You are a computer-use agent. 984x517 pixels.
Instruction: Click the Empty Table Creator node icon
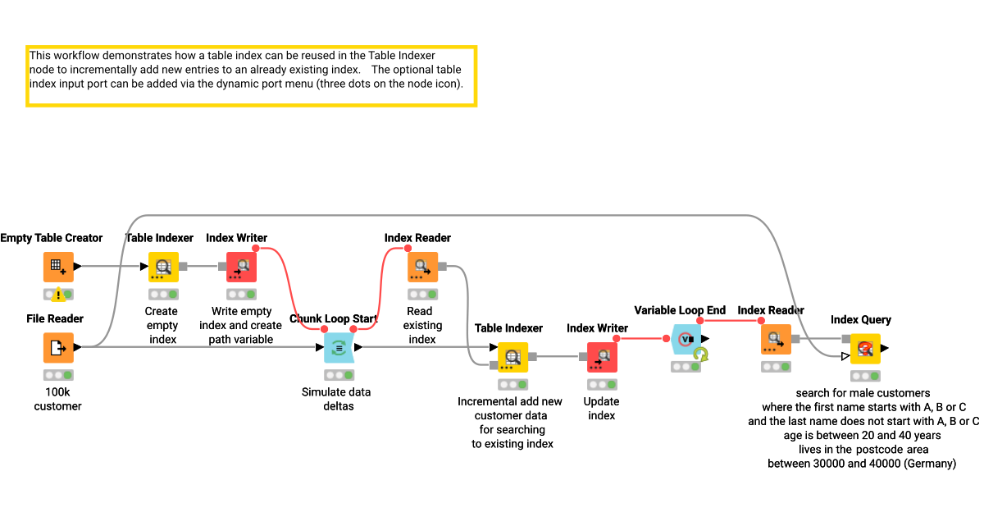(58, 267)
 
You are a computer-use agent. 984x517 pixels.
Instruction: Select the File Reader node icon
(58, 347)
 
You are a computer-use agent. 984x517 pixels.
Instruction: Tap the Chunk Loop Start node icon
(339, 347)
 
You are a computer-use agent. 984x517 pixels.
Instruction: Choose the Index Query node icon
(864, 348)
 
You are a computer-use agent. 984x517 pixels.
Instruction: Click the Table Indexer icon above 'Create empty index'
(162, 267)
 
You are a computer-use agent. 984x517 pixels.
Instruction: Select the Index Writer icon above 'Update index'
(602, 357)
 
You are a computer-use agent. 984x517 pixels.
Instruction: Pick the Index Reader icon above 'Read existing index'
(422, 267)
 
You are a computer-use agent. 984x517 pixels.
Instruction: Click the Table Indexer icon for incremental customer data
(512, 357)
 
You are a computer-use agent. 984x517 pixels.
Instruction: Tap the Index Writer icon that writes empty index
(241, 267)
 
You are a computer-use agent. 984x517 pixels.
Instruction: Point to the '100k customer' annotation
(57, 399)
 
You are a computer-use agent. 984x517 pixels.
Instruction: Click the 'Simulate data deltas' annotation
(336, 399)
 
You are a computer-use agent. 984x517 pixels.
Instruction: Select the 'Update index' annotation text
(601, 408)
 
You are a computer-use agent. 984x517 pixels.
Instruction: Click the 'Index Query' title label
(860, 319)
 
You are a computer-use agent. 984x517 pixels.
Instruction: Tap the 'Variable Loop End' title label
(680, 310)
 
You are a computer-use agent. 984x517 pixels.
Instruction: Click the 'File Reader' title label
(54, 318)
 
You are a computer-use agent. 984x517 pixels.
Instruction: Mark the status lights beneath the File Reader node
(58, 374)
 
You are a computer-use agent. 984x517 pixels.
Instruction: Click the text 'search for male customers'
(863, 393)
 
